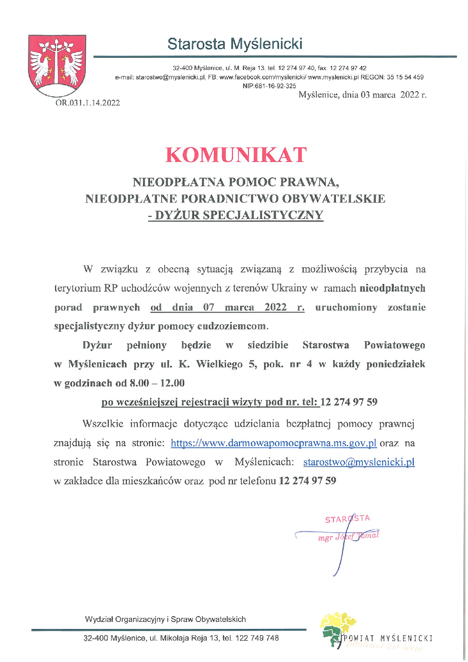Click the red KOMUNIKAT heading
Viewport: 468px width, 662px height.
(x=236, y=154)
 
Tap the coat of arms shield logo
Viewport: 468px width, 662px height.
(x=57, y=65)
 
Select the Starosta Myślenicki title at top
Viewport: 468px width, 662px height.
(x=235, y=44)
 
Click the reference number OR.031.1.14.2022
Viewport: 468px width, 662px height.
(x=88, y=103)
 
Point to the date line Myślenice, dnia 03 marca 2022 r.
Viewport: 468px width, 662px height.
(x=362, y=95)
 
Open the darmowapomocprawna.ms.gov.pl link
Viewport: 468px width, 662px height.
(x=273, y=443)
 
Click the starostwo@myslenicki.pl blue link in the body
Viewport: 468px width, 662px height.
(x=359, y=462)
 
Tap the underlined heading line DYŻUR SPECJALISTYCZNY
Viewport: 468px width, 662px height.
(x=236, y=215)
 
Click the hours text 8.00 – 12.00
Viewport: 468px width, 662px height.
(x=157, y=383)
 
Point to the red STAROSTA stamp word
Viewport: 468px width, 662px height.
(x=347, y=519)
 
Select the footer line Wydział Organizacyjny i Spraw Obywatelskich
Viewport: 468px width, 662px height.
(x=165, y=619)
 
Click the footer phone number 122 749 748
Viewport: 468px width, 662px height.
(x=257, y=638)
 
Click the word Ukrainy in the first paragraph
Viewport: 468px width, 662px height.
(x=289, y=288)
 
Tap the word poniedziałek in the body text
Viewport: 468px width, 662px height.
(x=395, y=364)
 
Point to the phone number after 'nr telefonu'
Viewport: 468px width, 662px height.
(x=307, y=481)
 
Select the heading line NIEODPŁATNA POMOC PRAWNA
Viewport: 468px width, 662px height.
(x=236, y=182)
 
